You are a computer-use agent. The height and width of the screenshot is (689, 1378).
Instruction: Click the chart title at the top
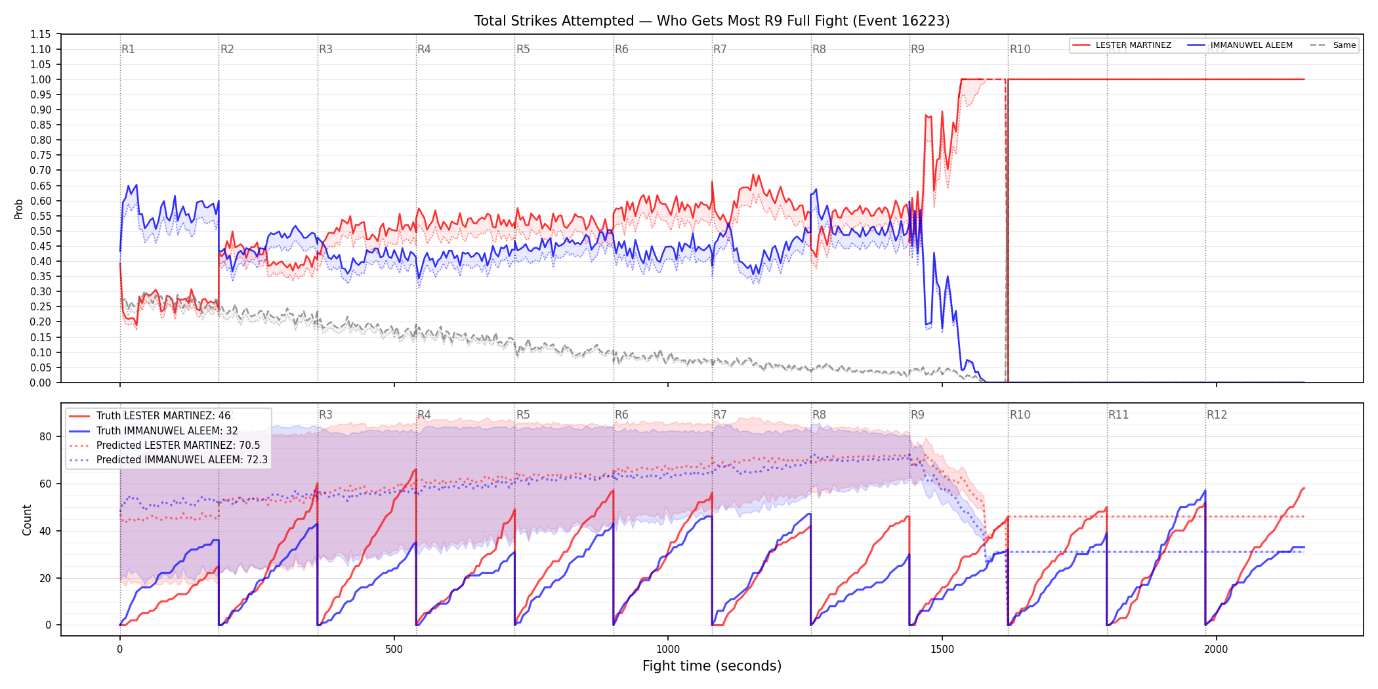(x=712, y=21)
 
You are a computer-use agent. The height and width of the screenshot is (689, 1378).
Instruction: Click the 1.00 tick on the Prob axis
(x=41, y=79)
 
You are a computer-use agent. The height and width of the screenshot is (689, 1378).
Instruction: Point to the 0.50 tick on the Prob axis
(x=41, y=231)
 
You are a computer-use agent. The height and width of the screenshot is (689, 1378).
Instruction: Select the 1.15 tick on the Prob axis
(x=41, y=34)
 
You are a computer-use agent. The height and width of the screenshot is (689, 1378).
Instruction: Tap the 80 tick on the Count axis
(x=45, y=436)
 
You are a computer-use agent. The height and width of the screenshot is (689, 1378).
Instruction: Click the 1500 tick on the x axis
(x=942, y=649)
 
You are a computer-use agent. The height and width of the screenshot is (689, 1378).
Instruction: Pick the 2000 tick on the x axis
(x=1216, y=649)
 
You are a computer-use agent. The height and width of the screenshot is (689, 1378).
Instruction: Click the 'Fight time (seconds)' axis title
(x=712, y=666)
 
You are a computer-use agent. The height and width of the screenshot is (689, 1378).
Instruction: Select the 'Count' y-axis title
(x=27, y=520)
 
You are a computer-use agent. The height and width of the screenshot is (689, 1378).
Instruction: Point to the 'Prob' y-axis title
(x=19, y=209)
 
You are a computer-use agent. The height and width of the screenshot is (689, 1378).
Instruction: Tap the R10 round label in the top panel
(x=1020, y=49)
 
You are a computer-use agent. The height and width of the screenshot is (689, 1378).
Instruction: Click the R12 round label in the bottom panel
(x=1217, y=415)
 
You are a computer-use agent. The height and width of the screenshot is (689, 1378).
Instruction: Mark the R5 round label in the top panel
(x=523, y=49)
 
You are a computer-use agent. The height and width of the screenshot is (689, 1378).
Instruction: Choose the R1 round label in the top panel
(x=128, y=49)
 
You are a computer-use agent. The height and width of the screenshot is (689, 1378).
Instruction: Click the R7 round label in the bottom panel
(x=720, y=415)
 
